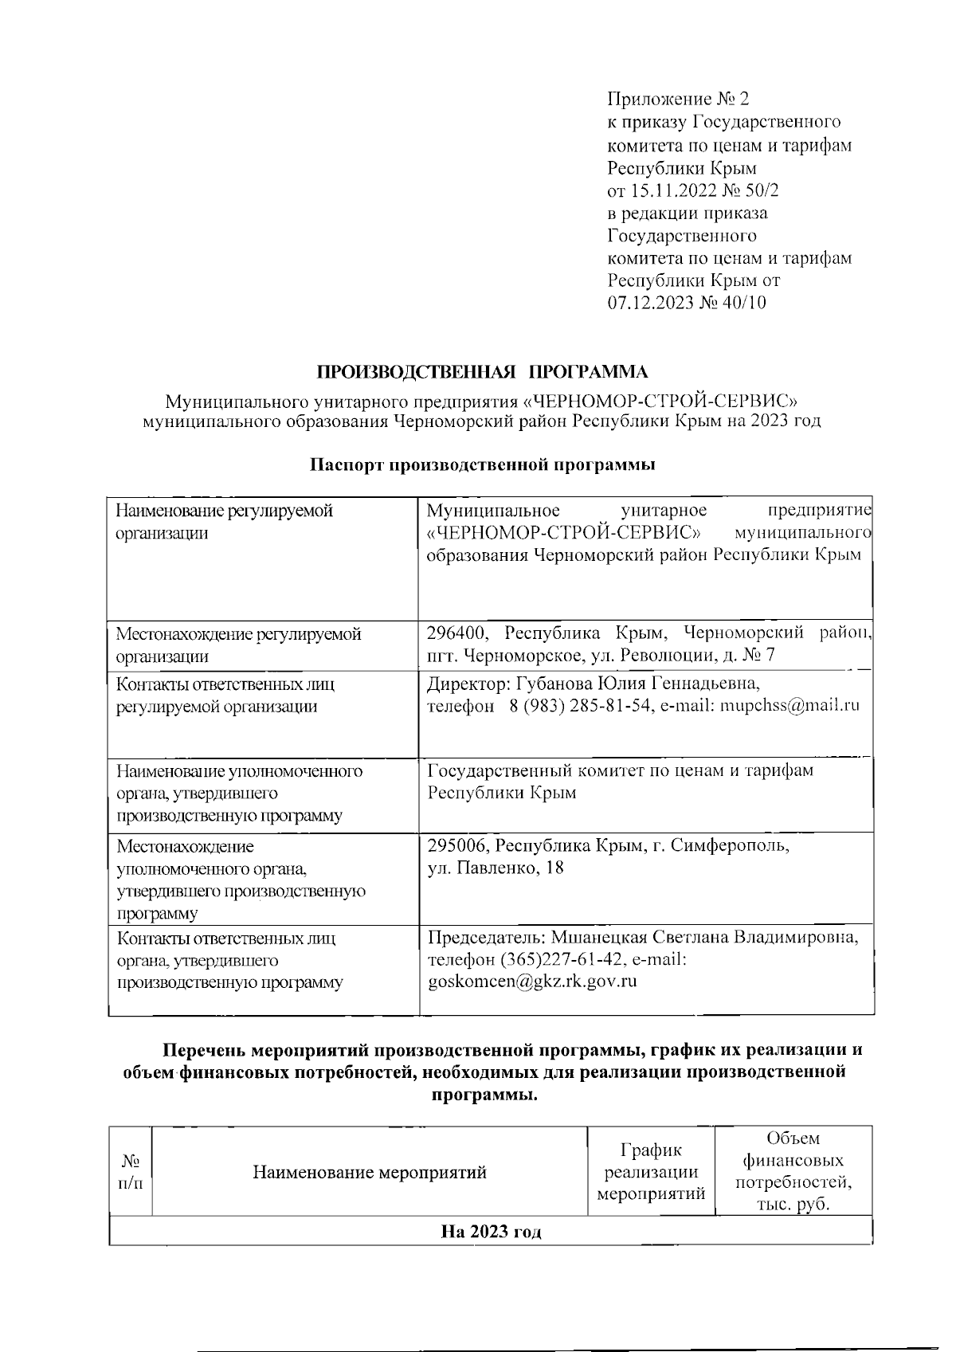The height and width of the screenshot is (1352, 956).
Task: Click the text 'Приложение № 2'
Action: pyautogui.click(x=678, y=99)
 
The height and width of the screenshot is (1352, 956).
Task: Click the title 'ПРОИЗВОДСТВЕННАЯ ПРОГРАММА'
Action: pyautogui.click(x=484, y=372)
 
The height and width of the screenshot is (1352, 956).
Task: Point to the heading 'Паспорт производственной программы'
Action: pyautogui.click(x=483, y=465)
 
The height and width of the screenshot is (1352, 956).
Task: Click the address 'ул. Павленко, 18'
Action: pyautogui.click(x=496, y=868)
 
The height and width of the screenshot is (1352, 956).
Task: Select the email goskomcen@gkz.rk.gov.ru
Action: pyautogui.click(x=532, y=982)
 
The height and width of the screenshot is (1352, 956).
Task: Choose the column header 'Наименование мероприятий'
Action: pyautogui.click(x=370, y=1173)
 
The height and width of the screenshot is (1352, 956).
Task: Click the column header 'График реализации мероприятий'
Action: pyautogui.click(x=651, y=1172)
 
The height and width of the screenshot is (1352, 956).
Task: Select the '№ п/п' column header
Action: pyautogui.click(x=130, y=1173)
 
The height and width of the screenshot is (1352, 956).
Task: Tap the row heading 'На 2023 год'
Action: pyautogui.click(x=491, y=1232)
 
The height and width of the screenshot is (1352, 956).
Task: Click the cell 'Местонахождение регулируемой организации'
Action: pyautogui.click(x=238, y=645)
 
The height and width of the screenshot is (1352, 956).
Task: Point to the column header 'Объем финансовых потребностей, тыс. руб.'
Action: pyautogui.click(x=793, y=1171)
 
